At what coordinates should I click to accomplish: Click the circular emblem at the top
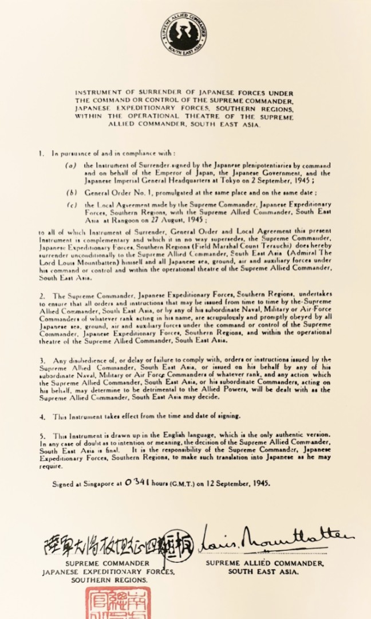pyautogui.click(x=184, y=34)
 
